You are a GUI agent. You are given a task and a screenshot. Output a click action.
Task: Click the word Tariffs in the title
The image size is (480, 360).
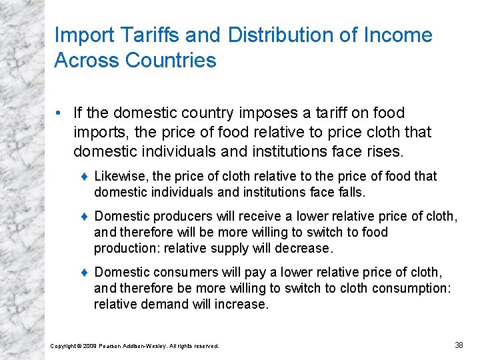(146, 35)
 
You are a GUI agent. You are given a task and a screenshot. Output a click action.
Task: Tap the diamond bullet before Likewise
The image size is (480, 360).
(84, 177)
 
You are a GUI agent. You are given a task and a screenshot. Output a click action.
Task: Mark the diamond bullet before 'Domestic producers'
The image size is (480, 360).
(84, 217)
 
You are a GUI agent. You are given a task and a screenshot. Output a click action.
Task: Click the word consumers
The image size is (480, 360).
(180, 272)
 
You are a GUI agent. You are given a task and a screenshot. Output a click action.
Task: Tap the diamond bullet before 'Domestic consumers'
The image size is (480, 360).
(84, 273)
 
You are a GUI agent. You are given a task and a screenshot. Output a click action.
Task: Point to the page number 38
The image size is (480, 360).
(459, 345)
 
